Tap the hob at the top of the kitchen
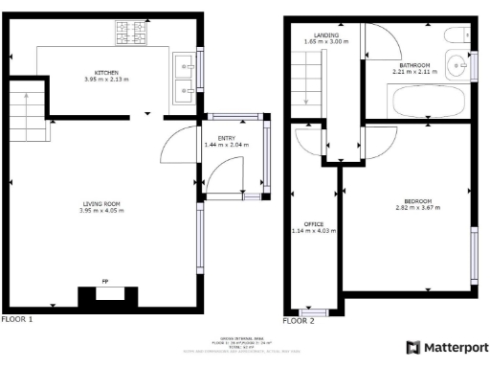131,35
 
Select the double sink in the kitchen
185,78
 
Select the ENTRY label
226,138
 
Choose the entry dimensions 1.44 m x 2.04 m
226,145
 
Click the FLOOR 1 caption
18,318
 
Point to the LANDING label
326,34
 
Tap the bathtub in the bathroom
427,99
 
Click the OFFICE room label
314,223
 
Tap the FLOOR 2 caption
299,321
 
